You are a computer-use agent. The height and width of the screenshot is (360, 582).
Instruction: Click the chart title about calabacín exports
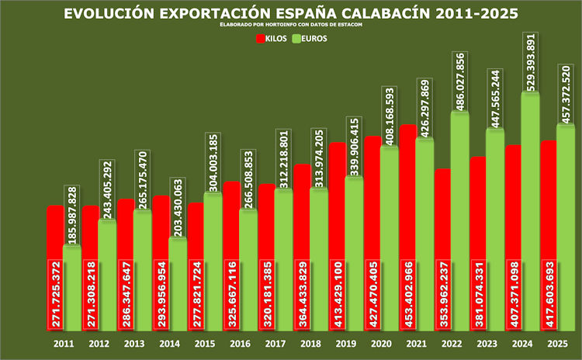pyautogui.click(x=291, y=14)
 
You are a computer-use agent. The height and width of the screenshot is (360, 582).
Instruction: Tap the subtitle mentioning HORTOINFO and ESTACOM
pyautogui.click(x=291, y=26)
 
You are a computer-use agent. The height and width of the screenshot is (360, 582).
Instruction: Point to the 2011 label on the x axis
pyautogui.click(x=64, y=343)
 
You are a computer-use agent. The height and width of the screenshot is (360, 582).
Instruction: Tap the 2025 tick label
pyautogui.click(x=557, y=343)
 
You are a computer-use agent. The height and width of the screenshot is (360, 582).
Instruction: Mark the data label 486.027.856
pyautogui.click(x=459, y=82)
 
